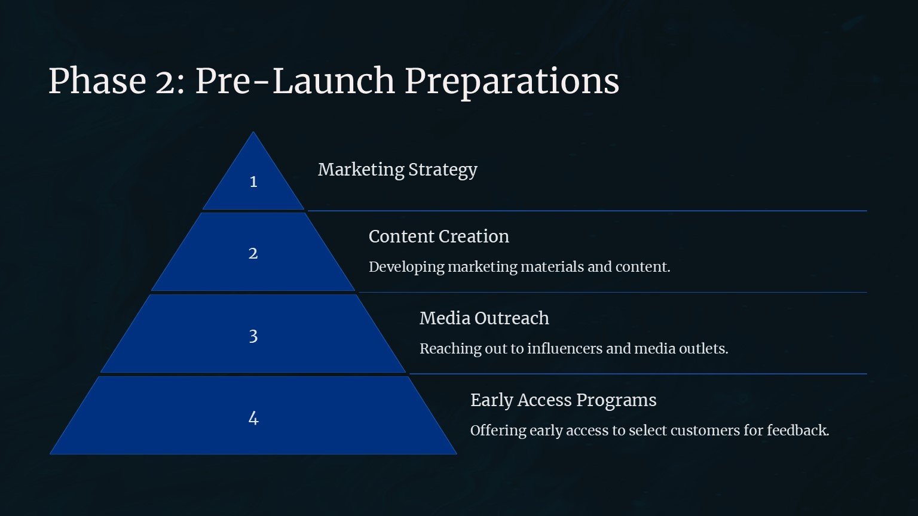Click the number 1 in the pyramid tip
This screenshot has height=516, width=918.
(x=253, y=182)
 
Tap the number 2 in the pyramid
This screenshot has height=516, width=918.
(x=253, y=253)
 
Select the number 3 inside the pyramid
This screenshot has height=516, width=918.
(x=253, y=336)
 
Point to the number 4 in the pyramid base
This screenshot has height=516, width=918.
(x=253, y=418)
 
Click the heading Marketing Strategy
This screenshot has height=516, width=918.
(x=397, y=170)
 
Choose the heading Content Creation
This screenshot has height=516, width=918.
(x=439, y=236)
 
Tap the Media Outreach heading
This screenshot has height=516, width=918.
(x=485, y=318)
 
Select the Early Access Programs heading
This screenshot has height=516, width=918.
(x=564, y=401)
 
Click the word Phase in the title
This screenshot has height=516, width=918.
(x=97, y=81)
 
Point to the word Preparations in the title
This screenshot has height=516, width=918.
(x=512, y=82)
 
